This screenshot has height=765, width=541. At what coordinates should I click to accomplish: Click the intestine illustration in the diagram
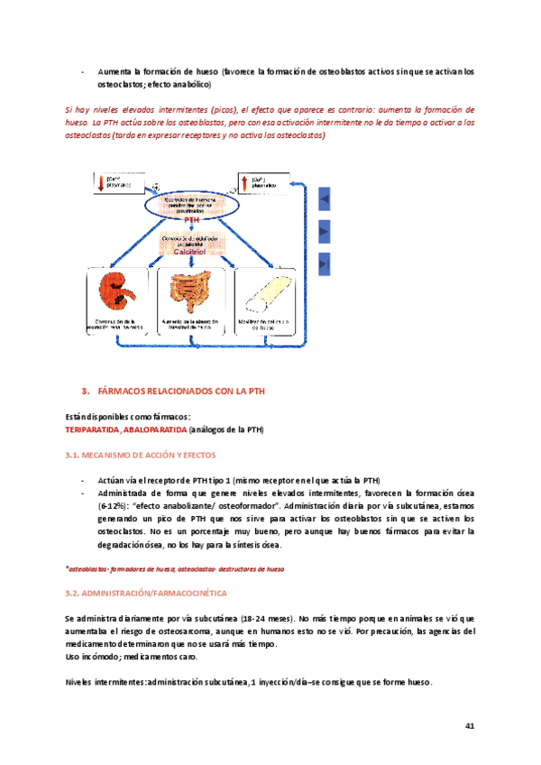pos(193,291)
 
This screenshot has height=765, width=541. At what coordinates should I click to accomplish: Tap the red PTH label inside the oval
pos(192,219)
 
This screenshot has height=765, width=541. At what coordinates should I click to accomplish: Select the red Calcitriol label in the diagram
pos(193,253)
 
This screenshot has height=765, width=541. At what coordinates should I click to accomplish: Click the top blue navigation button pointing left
pos(325,198)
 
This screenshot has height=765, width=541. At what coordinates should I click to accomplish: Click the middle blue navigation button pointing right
pos(325,230)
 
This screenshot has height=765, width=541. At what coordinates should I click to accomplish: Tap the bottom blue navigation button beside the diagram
pos(325,263)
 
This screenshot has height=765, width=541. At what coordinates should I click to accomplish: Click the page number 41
pos(470,725)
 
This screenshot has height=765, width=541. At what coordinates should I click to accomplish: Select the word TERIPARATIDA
pos(96,429)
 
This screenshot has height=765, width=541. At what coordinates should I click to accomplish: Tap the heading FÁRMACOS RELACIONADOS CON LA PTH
pos(183,391)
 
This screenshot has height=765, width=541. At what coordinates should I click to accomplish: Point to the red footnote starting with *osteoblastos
pos(175,570)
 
